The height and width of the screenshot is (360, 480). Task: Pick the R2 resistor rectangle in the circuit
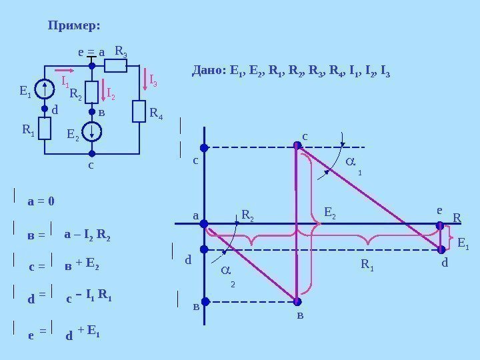[x=92, y=92]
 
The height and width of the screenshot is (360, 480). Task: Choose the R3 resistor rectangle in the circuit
[x=116, y=65]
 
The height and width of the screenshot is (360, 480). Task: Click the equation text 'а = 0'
[x=42, y=201]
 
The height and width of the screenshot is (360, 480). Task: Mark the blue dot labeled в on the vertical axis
[x=205, y=301]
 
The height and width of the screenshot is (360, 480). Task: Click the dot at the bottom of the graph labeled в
[x=297, y=301]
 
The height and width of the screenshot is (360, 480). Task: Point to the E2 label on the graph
[x=331, y=213]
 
